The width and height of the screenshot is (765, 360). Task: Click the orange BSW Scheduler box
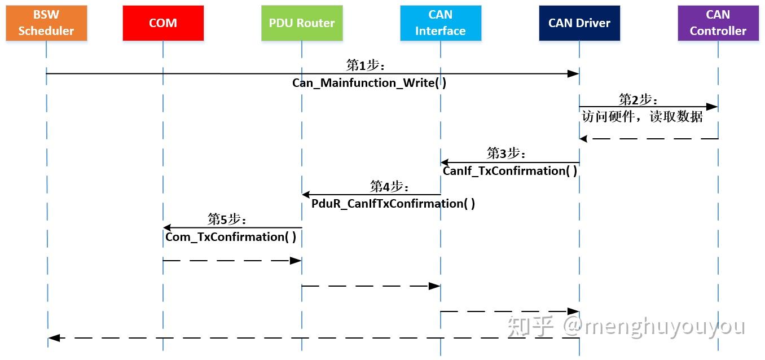tap(46, 23)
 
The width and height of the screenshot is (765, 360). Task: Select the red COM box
tap(163, 23)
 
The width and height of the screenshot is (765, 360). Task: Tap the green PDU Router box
tap(302, 23)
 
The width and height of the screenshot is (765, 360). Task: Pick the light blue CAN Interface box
tap(441, 23)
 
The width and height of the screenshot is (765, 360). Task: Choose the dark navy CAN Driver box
tap(579, 23)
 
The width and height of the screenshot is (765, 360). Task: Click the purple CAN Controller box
tap(718, 23)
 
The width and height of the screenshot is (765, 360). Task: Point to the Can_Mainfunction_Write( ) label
tap(369, 83)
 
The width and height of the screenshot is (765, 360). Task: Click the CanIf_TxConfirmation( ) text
tap(510, 171)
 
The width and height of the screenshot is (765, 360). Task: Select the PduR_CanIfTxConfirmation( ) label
tap(393, 204)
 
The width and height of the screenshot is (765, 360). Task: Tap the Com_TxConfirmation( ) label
tap(231, 236)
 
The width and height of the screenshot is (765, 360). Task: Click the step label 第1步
tap(366, 65)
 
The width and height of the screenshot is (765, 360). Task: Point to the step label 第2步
tap(638, 100)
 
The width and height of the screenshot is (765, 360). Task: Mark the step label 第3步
tap(506, 153)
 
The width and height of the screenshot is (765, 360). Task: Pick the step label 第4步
tap(389, 187)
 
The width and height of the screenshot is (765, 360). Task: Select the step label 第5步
tap(227, 219)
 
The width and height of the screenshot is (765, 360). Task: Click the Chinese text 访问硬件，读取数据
tap(643, 116)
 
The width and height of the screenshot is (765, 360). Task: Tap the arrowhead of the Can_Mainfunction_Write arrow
tap(573, 74)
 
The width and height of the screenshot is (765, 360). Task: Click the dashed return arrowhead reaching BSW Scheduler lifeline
tap(54, 338)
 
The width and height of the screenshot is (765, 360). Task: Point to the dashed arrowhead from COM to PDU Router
tap(296, 261)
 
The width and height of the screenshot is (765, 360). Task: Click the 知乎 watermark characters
tap(530, 327)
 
